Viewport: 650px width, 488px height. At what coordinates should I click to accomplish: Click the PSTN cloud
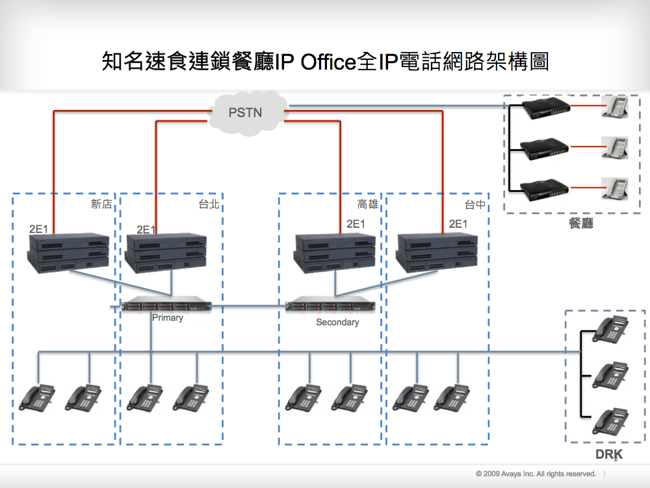[x=246, y=112]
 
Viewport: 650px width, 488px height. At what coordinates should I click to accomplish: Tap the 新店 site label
[x=101, y=204]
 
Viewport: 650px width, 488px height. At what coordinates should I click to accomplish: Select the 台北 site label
[x=209, y=204]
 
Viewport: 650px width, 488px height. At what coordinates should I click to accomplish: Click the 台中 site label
[x=475, y=205]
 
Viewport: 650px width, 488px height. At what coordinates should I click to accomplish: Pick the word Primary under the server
[x=168, y=318]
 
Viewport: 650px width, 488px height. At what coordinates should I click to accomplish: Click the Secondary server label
[x=337, y=322]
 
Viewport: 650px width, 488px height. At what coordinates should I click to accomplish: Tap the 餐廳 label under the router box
[x=580, y=224]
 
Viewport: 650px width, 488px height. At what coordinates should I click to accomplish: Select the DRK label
[x=608, y=454]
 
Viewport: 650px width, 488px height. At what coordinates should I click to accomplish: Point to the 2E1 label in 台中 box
[x=458, y=224]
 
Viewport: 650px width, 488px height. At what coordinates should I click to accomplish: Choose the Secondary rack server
[x=331, y=305]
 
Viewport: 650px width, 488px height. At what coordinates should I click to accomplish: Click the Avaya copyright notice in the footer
[x=536, y=474]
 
